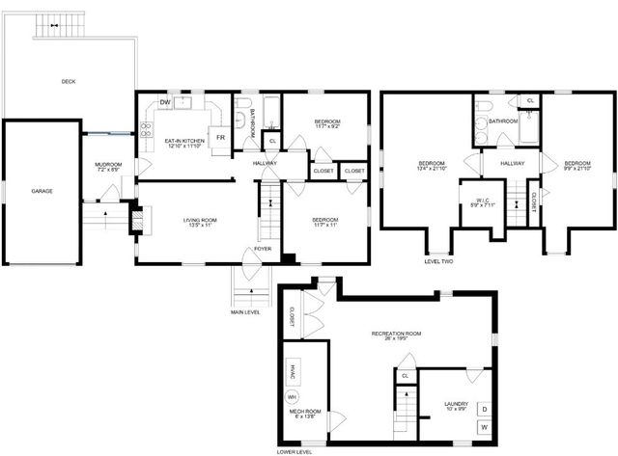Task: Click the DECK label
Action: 68,81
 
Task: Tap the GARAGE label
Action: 42,191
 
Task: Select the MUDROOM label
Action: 108,165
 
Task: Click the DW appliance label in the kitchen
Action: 166,102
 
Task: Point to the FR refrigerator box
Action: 221,138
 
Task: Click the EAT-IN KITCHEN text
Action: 186,141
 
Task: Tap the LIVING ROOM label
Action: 200,221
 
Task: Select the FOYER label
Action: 262,248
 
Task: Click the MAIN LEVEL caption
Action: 244,310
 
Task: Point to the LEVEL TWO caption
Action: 439,260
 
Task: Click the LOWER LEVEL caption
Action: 294,450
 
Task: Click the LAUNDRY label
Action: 456,403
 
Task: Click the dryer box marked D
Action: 484,409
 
